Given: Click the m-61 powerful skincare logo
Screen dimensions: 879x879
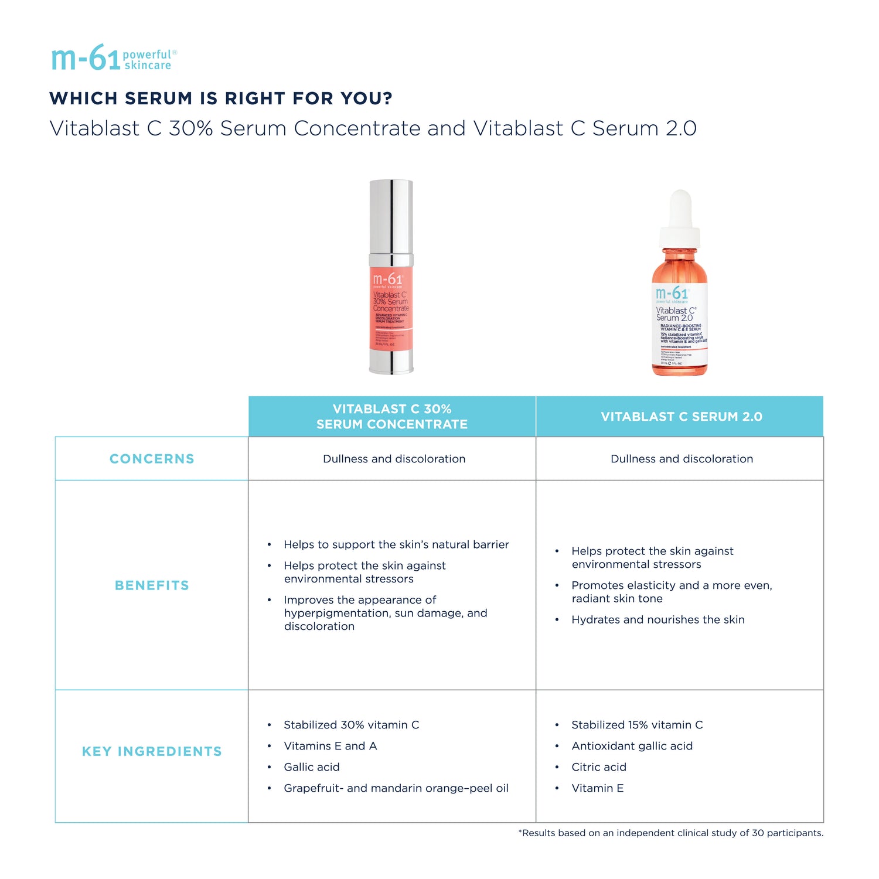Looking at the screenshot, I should tap(114, 59).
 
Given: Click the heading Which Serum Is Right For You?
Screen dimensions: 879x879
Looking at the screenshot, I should tap(220, 98).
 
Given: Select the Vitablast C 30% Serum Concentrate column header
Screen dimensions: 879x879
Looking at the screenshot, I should tap(392, 417).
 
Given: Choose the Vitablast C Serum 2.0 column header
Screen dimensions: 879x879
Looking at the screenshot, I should tap(681, 417).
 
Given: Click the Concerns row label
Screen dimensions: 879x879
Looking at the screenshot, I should tap(152, 459).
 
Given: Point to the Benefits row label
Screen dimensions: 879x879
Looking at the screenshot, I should tap(152, 585).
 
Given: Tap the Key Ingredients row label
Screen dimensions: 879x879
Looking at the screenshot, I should tap(152, 751).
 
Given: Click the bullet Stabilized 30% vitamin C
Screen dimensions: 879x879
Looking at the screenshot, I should tap(351, 725).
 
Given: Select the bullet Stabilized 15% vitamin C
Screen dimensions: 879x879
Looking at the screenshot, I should tap(637, 725).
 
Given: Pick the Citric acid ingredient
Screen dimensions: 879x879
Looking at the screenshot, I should tap(599, 767).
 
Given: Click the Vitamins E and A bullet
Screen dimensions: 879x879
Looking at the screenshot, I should tap(330, 746).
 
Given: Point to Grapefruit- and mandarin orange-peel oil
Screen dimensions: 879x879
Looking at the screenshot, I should tap(396, 788).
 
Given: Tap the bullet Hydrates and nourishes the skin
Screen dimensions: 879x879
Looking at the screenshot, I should tap(657, 619).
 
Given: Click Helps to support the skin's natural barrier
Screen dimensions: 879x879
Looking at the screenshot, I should tap(396, 544).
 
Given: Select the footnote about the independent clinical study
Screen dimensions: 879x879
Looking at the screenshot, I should tap(670, 833).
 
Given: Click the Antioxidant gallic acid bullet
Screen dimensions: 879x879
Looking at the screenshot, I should tap(632, 746).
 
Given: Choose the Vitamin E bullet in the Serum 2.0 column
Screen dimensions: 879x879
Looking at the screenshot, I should tap(597, 788).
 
